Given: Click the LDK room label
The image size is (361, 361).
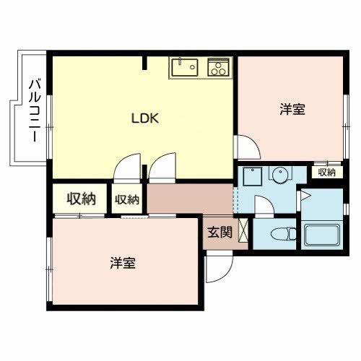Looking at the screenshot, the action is point(145,118).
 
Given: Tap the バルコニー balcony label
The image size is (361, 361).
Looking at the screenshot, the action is point(35,110).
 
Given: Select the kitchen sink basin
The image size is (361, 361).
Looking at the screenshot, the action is point(185,67).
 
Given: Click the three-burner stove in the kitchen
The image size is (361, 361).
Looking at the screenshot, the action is point(218,67).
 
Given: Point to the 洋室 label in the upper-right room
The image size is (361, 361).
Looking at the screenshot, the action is point(292,110).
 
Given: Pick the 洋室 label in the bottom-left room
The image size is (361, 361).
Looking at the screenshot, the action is point(123,263).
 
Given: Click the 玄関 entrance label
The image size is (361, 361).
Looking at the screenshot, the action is point(220,232).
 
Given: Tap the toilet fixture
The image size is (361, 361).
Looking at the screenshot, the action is point(283,234).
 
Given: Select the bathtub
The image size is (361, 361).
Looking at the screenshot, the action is point(322,235).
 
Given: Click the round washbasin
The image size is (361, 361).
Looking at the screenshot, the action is point(280,175).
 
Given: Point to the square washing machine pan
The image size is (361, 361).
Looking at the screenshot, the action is point(253,176).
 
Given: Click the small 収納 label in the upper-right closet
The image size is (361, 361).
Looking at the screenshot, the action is point(326,173).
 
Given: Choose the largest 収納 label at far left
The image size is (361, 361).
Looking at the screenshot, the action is point(81,199).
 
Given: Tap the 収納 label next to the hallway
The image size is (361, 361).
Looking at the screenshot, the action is point(127,199).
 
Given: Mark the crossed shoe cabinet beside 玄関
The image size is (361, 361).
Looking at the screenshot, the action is point(243,231).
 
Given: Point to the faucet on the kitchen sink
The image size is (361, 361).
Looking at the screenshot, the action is point(179,61).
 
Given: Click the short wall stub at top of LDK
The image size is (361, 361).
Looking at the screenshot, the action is point(144,63).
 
